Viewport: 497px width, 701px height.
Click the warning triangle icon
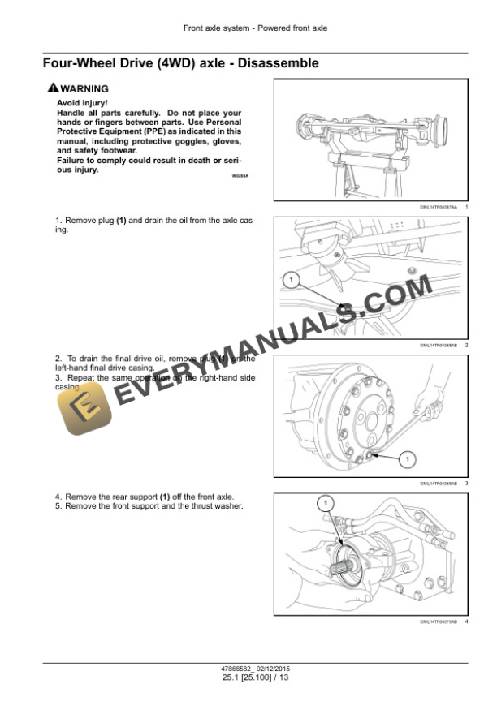[53, 88]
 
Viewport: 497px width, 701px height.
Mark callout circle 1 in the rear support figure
[325, 504]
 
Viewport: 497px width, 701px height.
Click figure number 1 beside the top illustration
[467, 209]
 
